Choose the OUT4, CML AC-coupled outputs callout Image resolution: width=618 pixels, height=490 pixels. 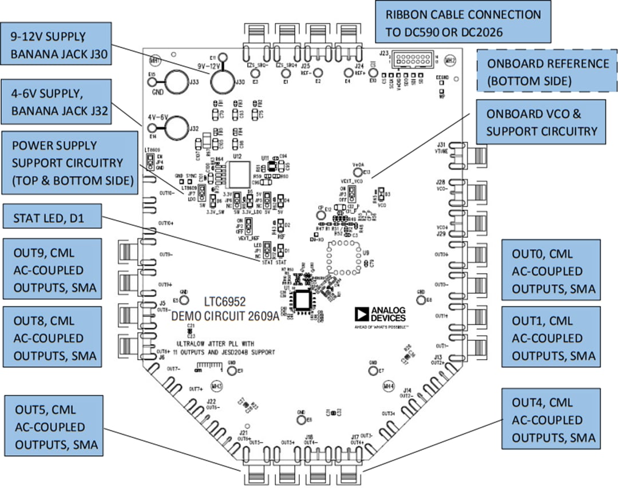point(553,420)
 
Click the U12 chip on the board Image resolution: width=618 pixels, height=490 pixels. point(237,174)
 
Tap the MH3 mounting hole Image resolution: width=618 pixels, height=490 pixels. point(216,386)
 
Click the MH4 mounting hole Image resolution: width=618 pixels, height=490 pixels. point(390,386)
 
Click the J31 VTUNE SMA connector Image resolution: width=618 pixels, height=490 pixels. point(474,154)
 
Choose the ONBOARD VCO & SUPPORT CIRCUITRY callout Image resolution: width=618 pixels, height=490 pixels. point(542,122)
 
